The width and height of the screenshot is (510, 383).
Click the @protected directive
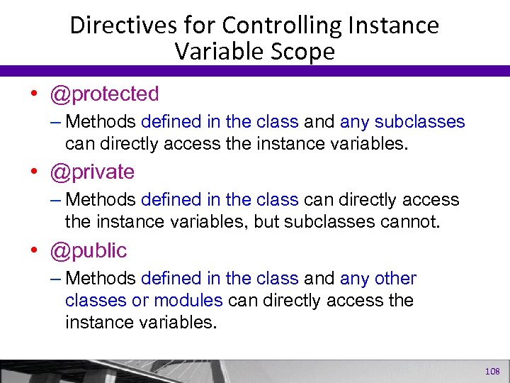pyautogui.click(x=104, y=94)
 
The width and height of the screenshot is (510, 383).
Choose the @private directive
pyautogui.click(x=91, y=172)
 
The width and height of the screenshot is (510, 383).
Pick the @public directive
pyautogui.click(x=88, y=250)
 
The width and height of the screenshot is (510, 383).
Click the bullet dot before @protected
pyautogui.click(x=34, y=94)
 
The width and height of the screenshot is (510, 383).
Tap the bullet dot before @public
pyautogui.click(x=34, y=251)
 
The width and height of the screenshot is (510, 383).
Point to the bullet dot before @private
pyautogui.click(x=34, y=172)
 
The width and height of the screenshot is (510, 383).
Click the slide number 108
pyautogui.click(x=492, y=372)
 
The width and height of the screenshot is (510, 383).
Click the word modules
pyautogui.click(x=188, y=300)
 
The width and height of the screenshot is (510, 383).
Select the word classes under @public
pyautogui.click(x=96, y=300)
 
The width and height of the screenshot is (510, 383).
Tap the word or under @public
pyautogui.click(x=140, y=300)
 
